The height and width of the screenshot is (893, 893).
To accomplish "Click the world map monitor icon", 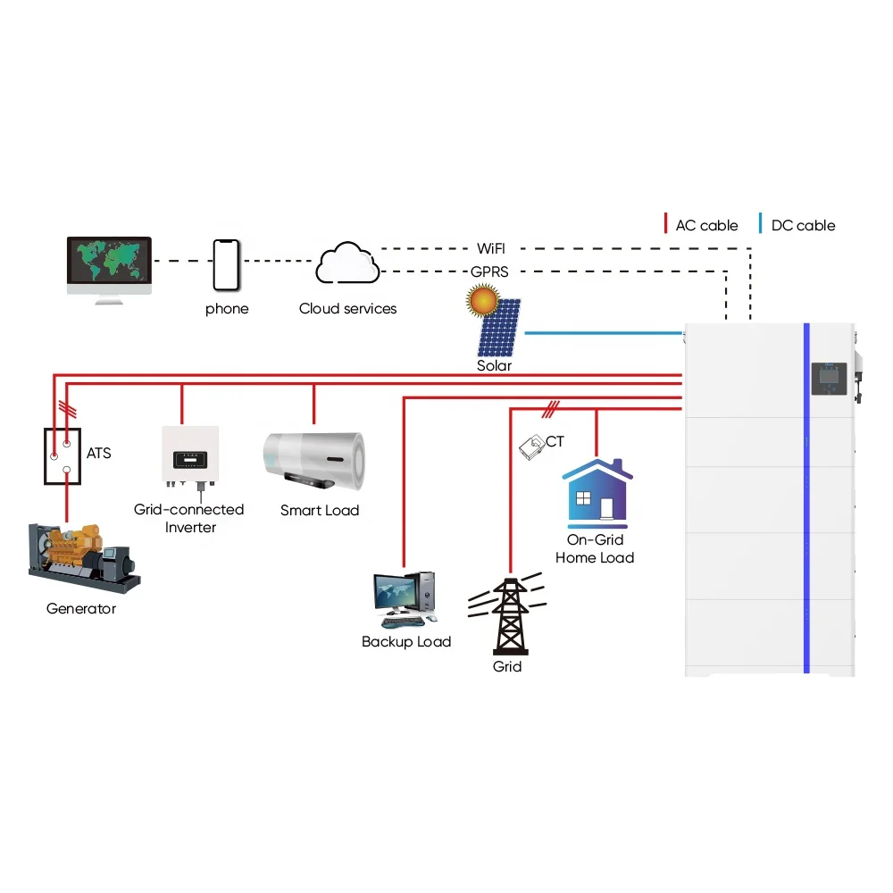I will pyautogui.click(x=109, y=266).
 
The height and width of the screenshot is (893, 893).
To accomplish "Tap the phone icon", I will pyautogui.click(x=227, y=264).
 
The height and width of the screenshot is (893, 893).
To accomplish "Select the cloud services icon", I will pyautogui.click(x=347, y=263).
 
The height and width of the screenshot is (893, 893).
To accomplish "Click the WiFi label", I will pyautogui.click(x=491, y=248).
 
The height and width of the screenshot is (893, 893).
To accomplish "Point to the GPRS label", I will pyautogui.click(x=490, y=271).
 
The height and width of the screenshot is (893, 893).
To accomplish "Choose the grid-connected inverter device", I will pyautogui.click(x=189, y=458).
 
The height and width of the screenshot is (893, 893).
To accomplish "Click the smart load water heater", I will pyautogui.click(x=315, y=460).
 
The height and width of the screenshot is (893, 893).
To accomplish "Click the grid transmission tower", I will pyautogui.click(x=507, y=617).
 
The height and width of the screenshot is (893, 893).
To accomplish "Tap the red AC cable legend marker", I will pyautogui.click(x=665, y=225).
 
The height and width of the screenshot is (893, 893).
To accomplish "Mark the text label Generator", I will pyautogui.click(x=81, y=609).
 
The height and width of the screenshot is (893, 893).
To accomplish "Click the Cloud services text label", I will pyautogui.click(x=347, y=309).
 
